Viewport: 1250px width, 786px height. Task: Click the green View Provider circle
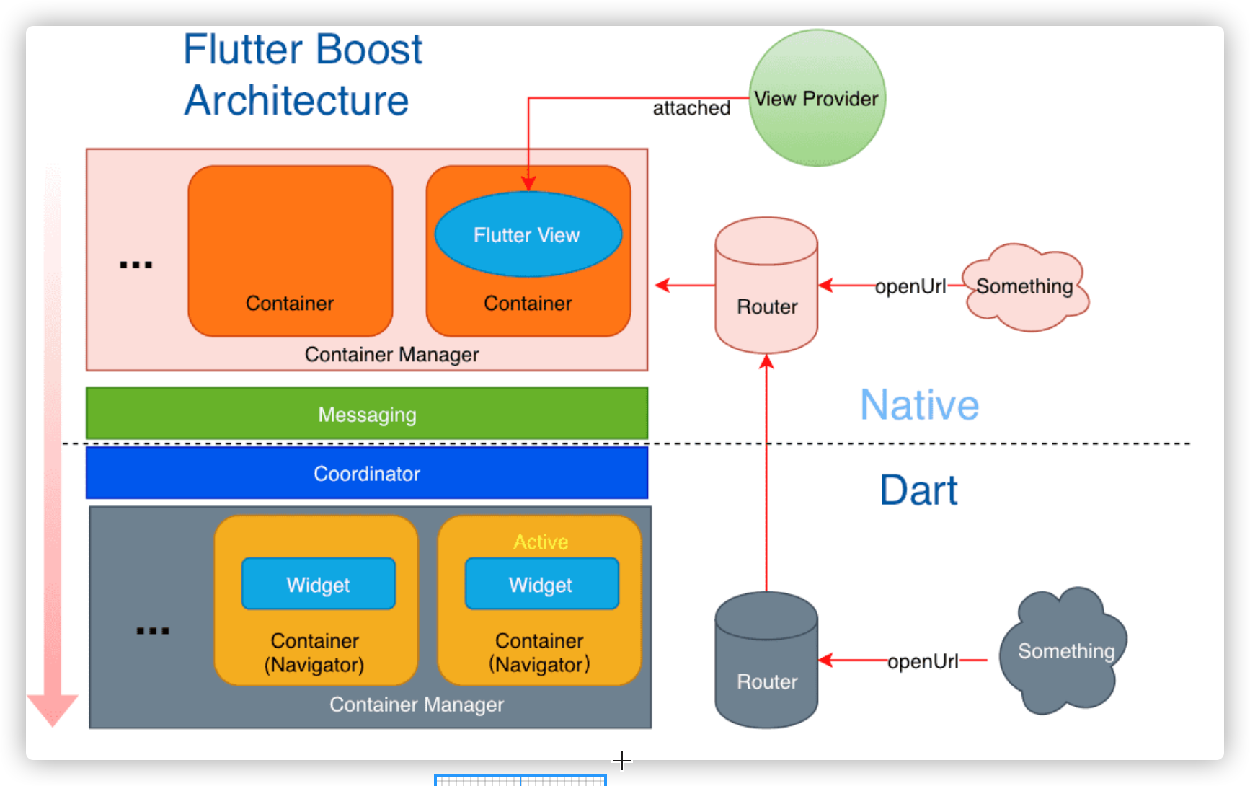(x=817, y=98)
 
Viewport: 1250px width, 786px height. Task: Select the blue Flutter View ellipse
(x=528, y=234)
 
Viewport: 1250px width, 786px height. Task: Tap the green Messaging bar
(x=367, y=414)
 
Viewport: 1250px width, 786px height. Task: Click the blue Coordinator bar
(x=367, y=473)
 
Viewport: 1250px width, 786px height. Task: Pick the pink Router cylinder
(x=766, y=286)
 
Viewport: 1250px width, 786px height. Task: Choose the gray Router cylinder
(x=766, y=660)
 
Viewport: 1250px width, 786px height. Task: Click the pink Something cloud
(x=1026, y=287)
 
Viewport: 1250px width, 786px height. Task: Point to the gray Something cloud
(x=1063, y=651)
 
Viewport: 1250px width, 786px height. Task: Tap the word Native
(x=920, y=405)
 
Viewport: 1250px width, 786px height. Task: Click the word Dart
(x=918, y=490)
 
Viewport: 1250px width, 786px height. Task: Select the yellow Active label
(x=541, y=542)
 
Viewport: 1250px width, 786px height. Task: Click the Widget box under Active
(x=541, y=583)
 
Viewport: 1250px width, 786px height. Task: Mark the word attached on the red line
(x=691, y=108)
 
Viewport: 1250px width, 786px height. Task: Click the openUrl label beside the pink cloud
(x=910, y=286)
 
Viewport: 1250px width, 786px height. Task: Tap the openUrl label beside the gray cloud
(x=923, y=661)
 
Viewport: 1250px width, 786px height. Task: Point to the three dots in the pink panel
(x=136, y=265)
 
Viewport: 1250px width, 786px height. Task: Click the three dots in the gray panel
(x=153, y=631)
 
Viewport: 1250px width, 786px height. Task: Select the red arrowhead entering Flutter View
(x=528, y=184)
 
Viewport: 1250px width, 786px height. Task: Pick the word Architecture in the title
(x=296, y=100)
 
